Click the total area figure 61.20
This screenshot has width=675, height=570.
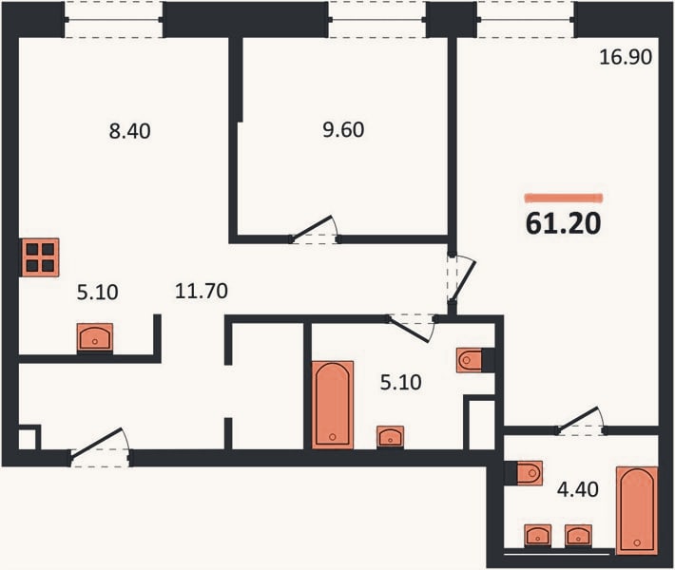563,223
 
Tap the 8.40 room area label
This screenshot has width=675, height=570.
129,131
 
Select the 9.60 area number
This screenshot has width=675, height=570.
343,129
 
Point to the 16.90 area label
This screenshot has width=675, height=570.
626,57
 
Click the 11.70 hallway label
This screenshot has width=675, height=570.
201,292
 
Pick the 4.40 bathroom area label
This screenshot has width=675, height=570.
578,489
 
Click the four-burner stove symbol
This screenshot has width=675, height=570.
40,257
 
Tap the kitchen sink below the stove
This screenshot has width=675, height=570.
95,338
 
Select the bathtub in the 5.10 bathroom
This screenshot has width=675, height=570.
333,405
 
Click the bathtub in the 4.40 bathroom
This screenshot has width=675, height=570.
637,510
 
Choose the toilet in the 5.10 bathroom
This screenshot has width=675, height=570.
470,360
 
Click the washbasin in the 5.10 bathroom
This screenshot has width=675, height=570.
391,437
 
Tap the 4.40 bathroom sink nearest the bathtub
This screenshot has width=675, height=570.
579,536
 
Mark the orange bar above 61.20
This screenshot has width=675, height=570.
564,198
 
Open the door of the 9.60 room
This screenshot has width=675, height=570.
313,228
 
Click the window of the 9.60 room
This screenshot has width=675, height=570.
377,19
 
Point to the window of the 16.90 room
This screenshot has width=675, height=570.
526,19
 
